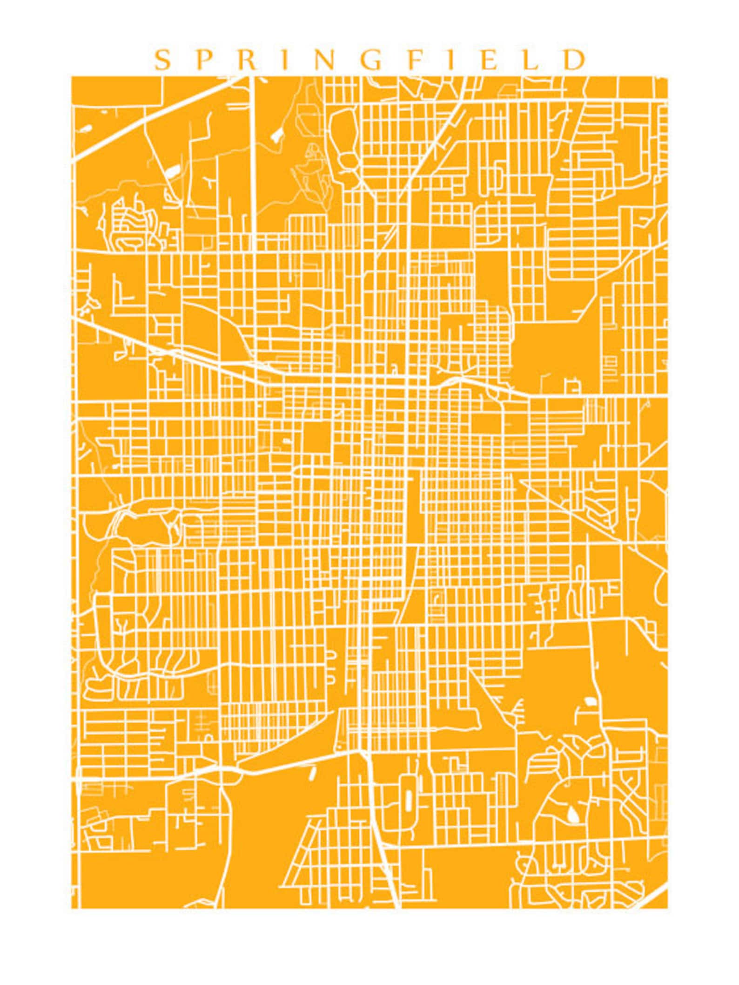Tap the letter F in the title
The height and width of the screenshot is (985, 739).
click(x=414, y=61)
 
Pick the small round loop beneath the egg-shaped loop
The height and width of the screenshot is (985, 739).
click(x=348, y=161)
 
